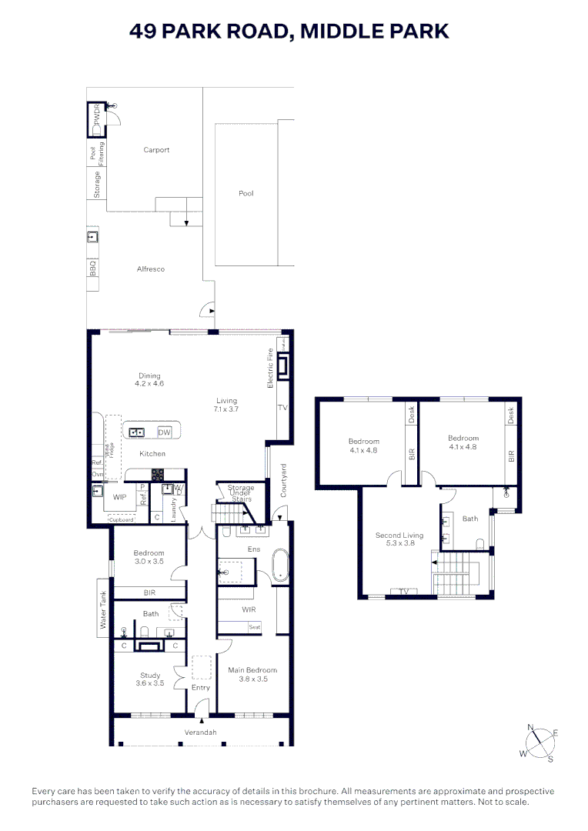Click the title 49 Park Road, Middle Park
pos(289,31)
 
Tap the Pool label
pos(246,193)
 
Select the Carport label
pos(156,150)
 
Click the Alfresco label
pos(151,269)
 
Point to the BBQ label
pos(92,269)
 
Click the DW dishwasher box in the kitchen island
pos(164,432)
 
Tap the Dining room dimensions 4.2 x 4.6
pos(149,383)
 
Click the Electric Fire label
pos(270,368)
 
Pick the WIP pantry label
pos(119,497)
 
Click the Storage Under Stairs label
pos(241,493)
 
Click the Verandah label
pos(200,732)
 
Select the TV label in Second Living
pos(403,592)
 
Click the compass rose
pos(540,744)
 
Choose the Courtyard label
pos(283,480)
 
